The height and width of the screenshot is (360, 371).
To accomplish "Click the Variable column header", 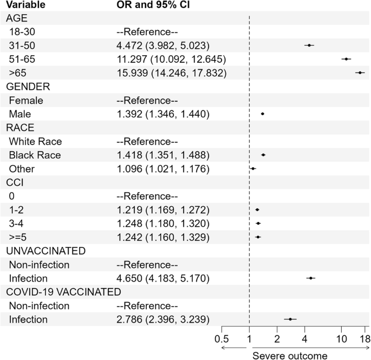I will pos(25,5).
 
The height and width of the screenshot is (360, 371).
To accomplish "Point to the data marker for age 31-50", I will pos(309,45).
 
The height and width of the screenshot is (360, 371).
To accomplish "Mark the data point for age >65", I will pos(360,73).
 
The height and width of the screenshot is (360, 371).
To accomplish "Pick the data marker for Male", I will pos(262,114).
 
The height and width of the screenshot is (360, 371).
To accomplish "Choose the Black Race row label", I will pos(35,155).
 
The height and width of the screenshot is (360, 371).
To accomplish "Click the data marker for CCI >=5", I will pos(258,237).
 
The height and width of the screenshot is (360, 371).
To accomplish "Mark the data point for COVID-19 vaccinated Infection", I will pos(290,319).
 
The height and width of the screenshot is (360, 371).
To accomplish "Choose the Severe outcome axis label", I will pos(290,355).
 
